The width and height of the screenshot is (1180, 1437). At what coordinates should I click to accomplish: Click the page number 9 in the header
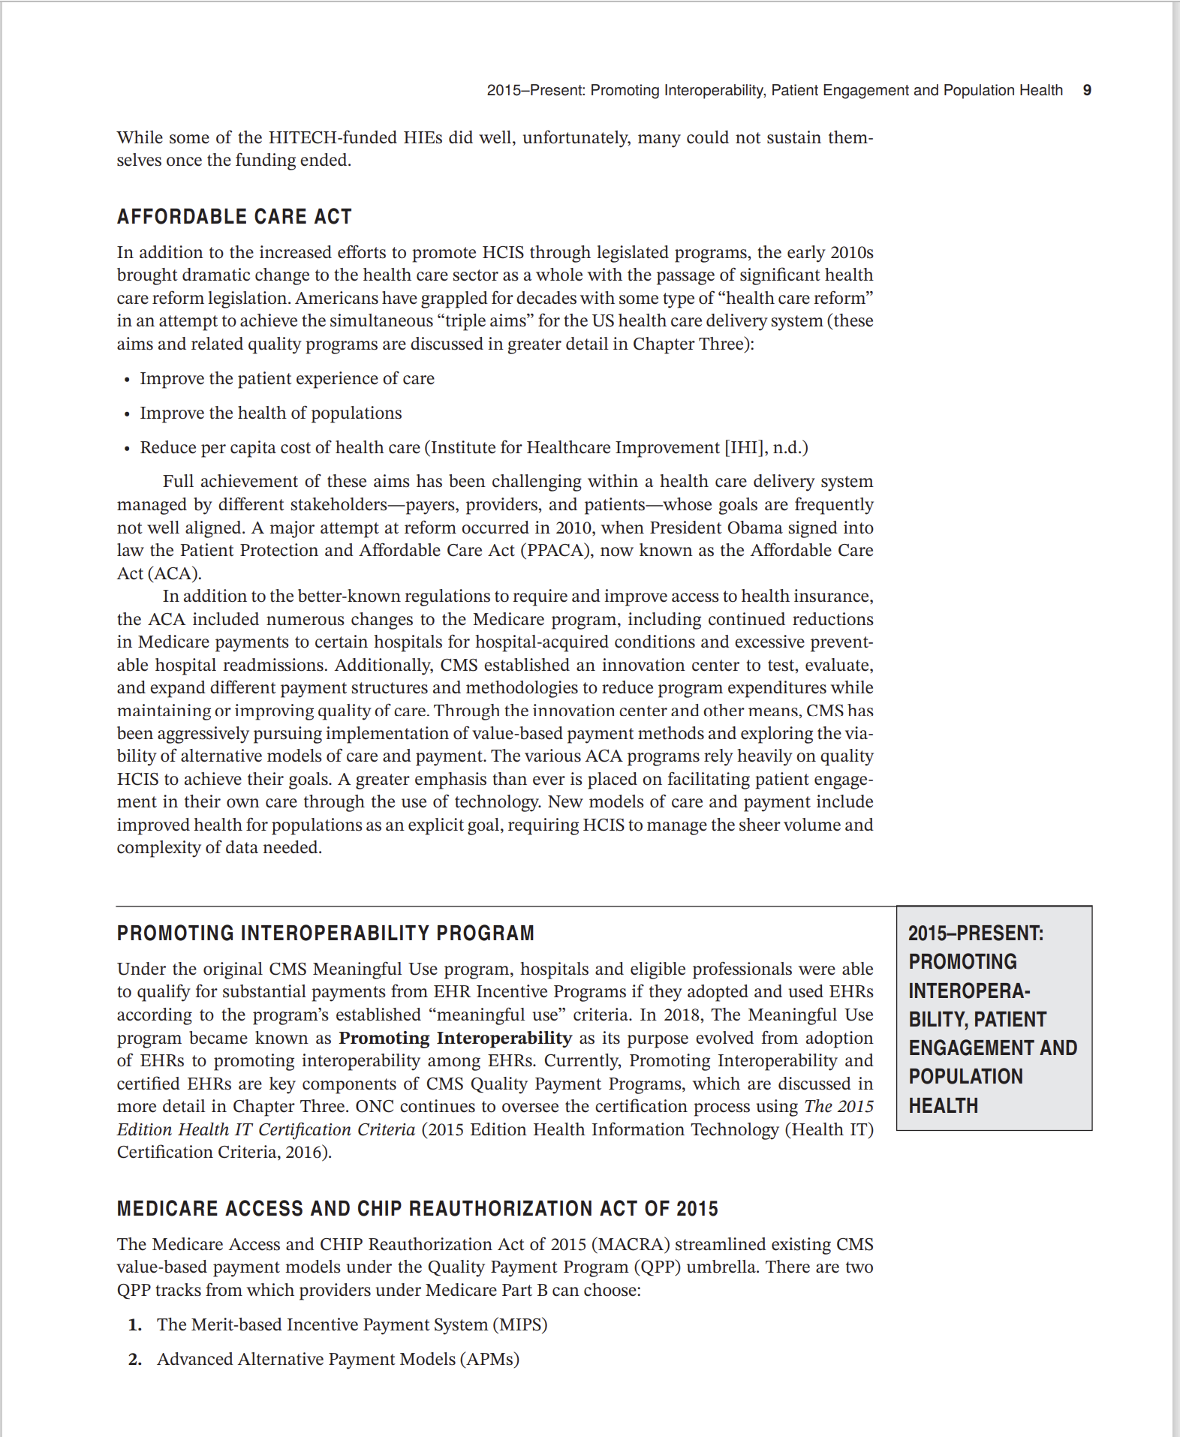[x=1086, y=90]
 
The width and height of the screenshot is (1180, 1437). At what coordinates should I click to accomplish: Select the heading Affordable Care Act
[x=234, y=217]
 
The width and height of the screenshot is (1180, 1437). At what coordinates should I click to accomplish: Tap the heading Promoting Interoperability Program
[x=325, y=933]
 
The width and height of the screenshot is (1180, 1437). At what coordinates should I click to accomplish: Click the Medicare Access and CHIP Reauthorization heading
[x=417, y=1208]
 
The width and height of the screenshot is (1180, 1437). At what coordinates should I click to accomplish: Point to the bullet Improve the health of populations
[x=270, y=413]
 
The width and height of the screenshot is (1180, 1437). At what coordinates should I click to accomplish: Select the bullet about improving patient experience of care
[x=287, y=378]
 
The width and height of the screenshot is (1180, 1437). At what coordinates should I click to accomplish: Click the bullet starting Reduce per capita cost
[x=473, y=447]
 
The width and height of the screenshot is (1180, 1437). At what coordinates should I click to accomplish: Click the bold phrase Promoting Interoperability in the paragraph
[x=455, y=1038]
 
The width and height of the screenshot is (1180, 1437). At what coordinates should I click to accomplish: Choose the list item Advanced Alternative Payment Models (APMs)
[x=338, y=1359]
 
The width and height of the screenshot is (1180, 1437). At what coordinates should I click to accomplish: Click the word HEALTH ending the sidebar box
[x=943, y=1105]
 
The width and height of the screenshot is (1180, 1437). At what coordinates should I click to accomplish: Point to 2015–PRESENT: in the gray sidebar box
[x=975, y=933]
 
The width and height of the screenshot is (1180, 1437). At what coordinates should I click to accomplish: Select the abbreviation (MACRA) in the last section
[x=631, y=1244]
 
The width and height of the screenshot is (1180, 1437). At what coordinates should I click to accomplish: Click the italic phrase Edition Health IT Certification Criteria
[x=266, y=1129]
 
